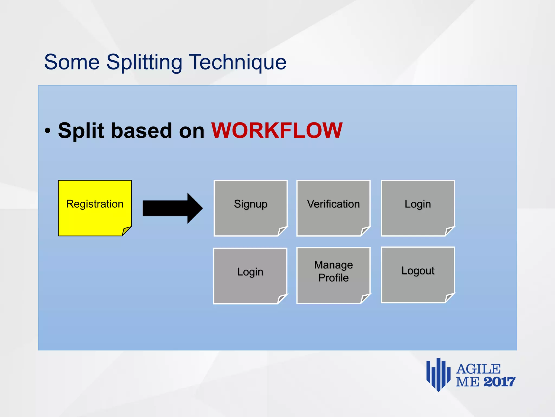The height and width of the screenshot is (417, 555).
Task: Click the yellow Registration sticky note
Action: click(95, 208)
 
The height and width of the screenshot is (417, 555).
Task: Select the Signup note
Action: click(250, 208)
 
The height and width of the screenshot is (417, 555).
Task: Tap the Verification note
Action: click(333, 208)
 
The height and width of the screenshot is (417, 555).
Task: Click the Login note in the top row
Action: click(418, 208)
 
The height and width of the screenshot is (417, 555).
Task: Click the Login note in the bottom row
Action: click(250, 275)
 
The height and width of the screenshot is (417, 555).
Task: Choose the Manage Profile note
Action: click(333, 275)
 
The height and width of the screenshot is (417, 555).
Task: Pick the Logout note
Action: click(418, 274)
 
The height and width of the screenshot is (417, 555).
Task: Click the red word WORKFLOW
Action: click(277, 131)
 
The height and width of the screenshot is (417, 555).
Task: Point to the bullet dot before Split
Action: click(48, 131)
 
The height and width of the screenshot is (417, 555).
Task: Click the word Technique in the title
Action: click(237, 62)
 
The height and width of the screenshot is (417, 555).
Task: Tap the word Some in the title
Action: click(72, 62)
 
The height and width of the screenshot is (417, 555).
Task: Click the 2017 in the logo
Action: click(499, 382)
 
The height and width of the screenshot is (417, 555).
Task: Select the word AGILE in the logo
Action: click(478, 369)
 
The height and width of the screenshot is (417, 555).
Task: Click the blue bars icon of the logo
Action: click(438, 375)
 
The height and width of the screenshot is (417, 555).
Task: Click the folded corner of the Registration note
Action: click(126, 231)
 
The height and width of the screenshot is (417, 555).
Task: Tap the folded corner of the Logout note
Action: click(450, 298)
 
